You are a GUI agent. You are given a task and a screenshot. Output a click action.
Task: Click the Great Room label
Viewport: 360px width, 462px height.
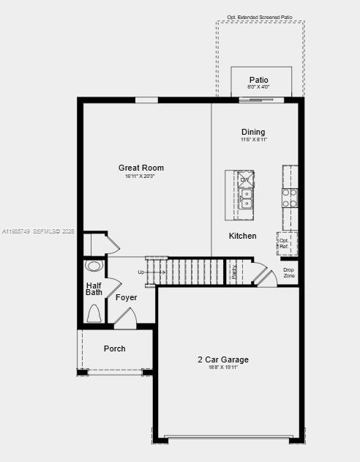pos(141,168)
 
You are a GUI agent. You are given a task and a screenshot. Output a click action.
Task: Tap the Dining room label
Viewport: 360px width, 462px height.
pos(253,132)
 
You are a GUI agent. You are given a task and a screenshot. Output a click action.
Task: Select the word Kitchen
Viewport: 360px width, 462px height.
pos(242,236)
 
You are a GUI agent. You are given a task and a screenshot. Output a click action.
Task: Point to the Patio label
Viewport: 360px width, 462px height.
pos(258,80)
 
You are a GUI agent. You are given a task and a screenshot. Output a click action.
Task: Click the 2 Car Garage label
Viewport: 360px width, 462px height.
pos(223,359)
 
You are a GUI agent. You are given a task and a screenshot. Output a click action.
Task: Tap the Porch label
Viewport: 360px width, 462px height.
pos(114,349)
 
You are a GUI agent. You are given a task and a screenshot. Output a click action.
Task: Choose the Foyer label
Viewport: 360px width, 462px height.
pos(127,297)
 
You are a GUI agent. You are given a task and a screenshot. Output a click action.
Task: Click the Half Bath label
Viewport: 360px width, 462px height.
pos(94,288)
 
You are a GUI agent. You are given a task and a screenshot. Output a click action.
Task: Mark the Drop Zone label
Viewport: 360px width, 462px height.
pos(289,272)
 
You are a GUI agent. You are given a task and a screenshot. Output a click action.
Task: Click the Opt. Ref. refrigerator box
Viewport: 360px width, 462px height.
pos(284,243)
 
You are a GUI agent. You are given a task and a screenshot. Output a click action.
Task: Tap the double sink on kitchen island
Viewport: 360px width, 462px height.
pos(246,198)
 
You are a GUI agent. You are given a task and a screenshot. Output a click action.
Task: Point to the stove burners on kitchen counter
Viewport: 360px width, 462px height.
pos(290,197)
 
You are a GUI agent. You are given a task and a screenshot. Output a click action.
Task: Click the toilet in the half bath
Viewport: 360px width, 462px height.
pos(94,313)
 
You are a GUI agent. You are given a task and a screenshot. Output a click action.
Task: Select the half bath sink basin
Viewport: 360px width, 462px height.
pos(94,266)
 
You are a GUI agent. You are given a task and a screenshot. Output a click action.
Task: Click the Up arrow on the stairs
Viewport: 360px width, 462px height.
pos(142,272)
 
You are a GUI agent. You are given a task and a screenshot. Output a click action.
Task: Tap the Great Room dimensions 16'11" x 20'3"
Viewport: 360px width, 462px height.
pos(140,176)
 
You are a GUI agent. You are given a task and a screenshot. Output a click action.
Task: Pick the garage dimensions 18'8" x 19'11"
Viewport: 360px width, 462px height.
pos(223,368)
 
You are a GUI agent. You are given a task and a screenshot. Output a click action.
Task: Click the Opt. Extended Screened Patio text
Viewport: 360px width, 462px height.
pos(260,16)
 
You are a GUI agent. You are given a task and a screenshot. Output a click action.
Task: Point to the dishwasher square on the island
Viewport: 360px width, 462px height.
pos(245,179)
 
